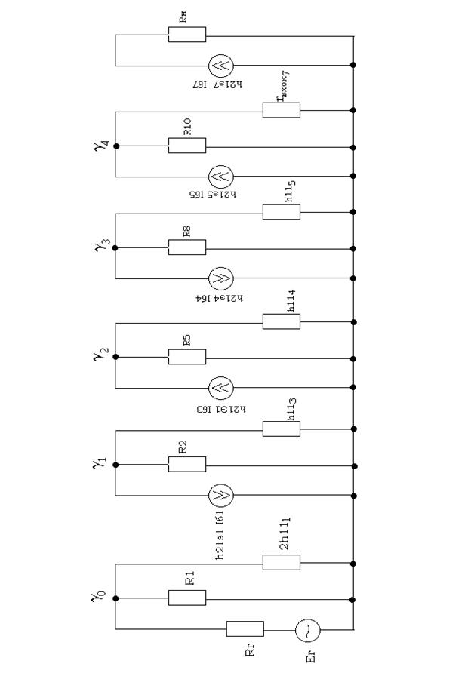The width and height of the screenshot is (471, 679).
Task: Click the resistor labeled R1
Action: pyautogui.click(x=186, y=598)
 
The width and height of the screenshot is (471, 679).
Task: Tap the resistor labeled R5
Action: pyautogui.click(x=186, y=357)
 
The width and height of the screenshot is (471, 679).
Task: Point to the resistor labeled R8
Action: pyautogui.click(x=186, y=247)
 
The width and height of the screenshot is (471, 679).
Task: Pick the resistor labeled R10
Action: pyautogui.click(x=186, y=146)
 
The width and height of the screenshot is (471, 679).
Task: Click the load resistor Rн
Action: pyautogui.click(x=186, y=35)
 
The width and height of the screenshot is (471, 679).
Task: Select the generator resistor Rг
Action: pyautogui.click(x=245, y=628)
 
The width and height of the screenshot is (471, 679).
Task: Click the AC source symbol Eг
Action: pyautogui.click(x=307, y=628)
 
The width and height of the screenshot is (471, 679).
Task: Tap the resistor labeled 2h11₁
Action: pyautogui.click(x=282, y=562)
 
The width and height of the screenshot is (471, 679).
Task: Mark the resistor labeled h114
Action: pyautogui.click(x=282, y=322)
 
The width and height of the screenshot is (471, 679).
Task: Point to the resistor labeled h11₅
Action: pyautogui.click(x=282, y=212)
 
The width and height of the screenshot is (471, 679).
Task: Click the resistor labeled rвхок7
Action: pyautogui.click(x=282, y=110)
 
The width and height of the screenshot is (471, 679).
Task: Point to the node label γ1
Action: pyautogui.click(x=99, y=463)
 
